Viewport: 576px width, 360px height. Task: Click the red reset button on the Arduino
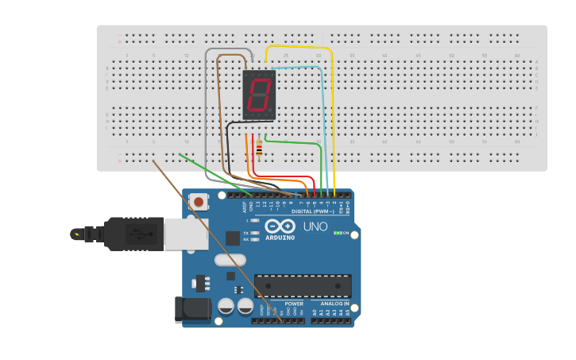pyautogui.click(x=199, y=202)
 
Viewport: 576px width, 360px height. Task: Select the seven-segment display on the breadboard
pyautogui.click(x=258, y=95)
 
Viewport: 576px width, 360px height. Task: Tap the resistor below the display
pyautogui.click(x=259, y=147)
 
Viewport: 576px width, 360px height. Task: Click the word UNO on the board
pyautogui.click(x=315, y=226)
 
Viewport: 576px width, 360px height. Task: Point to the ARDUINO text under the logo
pyautogui.click(x=280, y=237)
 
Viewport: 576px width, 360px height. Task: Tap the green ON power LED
pyautogui.click(x=337, y=233)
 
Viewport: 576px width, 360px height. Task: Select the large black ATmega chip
pyautogui.click(x=303, y=286)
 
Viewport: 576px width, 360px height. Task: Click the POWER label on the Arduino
pyautogui.click(x=294, y=304)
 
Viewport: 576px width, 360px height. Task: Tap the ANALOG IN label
pyautogui.click(x=334, y=304)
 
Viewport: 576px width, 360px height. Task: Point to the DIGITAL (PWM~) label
pyautogui.click(x=312, y=211)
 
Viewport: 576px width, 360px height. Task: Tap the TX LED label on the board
pyautogui.click(x=246, y=232)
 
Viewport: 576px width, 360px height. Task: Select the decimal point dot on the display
pyautogui.click(x=273, y=113)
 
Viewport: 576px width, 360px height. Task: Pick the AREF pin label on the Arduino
pyautogui.click(x=245, y=207)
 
